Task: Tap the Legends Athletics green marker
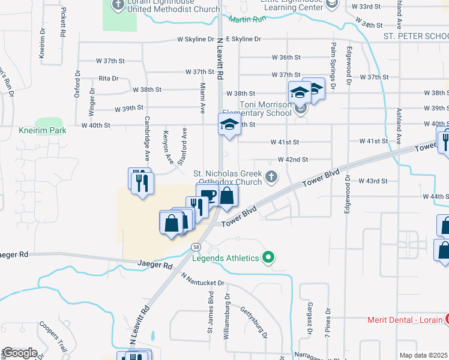coord(269,258)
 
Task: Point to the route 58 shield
coord(196,247)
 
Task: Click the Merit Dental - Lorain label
coord(405,320)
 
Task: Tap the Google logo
coord(20,353)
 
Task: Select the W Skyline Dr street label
coord(196,39)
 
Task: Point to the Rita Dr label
coord(109,78)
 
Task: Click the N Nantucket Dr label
coord(202,278)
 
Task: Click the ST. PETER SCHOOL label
coord(416,37)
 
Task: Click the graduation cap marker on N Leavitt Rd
coord(229,125)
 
